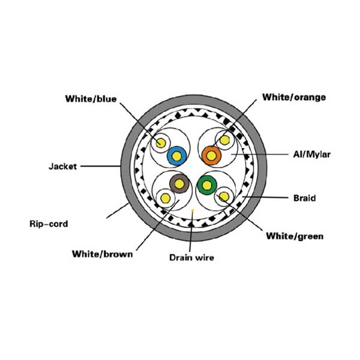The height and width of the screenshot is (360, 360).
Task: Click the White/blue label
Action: (91, 99)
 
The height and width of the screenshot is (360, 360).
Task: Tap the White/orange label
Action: (294, 97)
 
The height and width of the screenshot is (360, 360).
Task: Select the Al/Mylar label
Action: (312, 154)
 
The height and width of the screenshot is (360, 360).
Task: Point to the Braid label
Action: (305, 198)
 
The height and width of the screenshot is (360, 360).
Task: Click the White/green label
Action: (295, 236)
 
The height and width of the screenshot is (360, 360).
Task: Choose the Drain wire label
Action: (192, 257)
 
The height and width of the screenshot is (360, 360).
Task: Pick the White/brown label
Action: (103, 254)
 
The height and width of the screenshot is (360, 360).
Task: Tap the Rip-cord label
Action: (49, 224)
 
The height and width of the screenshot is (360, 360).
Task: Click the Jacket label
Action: (62, 166)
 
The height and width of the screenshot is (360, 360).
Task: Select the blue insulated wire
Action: (176, 156)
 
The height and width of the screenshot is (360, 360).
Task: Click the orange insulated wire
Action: (211, 155)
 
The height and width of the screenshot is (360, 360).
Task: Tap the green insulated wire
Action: (207, 185)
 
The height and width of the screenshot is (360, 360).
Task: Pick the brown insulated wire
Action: (179, 184)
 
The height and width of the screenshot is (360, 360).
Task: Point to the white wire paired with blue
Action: (161, 143)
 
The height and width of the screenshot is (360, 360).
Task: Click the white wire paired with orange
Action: (224, 140)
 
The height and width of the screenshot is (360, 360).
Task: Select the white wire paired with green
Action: (224, 197)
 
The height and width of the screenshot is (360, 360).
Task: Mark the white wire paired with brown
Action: (166, 199)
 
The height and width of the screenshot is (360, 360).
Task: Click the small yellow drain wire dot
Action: (193, 210)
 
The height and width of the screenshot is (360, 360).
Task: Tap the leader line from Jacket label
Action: (101, 166)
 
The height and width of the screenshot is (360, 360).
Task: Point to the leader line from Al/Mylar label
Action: (260, 154)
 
